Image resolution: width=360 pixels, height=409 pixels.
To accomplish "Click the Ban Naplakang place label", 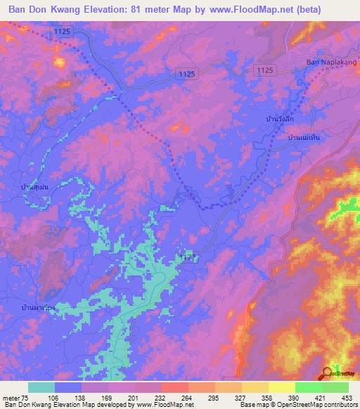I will point(331,62).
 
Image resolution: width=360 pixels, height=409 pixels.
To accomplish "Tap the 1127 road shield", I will point(185,258).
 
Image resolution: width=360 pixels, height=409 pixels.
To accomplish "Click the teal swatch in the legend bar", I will point(41,387).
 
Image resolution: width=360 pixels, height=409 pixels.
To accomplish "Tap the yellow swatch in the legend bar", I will point(282,387).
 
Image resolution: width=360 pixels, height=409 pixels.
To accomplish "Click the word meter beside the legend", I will point(12,397).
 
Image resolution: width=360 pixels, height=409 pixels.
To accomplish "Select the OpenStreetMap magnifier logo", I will point(328,374).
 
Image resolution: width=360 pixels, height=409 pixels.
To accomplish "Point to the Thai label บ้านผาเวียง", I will point(39,307).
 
